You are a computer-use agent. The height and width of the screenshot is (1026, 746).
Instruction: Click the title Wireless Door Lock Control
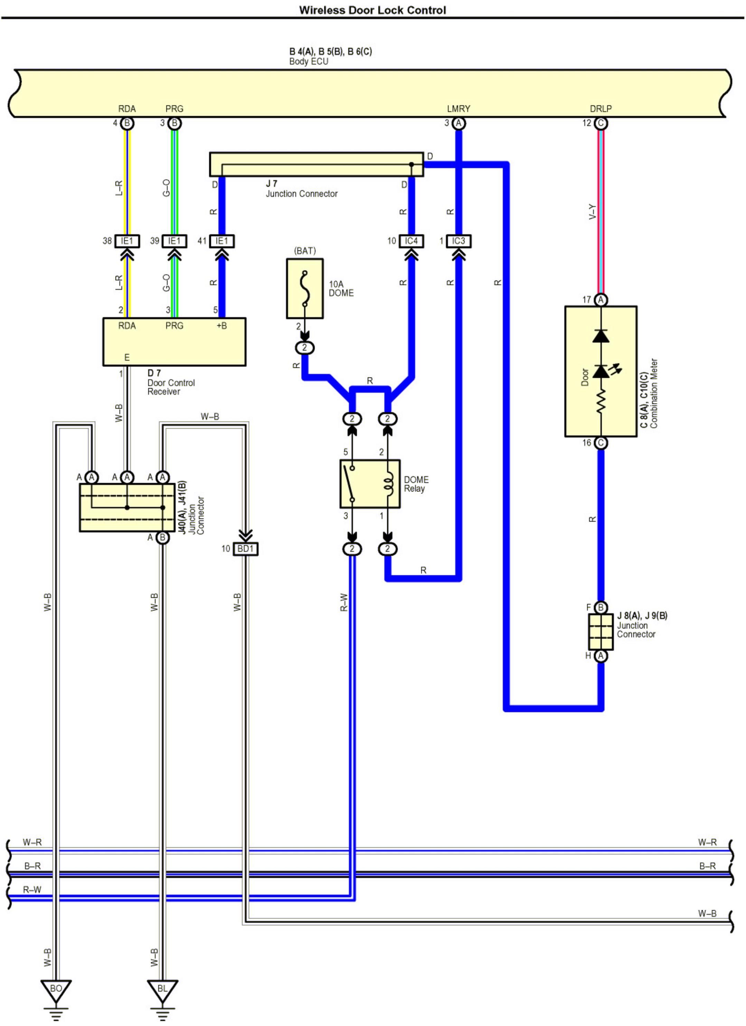click(x=372, y=10)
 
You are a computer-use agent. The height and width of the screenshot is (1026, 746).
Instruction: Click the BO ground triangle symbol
click(x=56, y=988)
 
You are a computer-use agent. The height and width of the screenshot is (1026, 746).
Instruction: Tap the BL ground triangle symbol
click(x=162, y=988)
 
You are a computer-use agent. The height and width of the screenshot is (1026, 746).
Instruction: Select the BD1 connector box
click(x=245, y=549)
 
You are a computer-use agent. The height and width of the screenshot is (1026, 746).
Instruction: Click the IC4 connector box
click(x=411, y=241)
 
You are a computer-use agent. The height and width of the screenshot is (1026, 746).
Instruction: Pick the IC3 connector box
click(x=458, y=241)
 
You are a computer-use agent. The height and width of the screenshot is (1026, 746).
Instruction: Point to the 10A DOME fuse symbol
click(x=305, y=289)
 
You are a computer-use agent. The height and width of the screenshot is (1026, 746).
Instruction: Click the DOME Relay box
click(x=370, y=484)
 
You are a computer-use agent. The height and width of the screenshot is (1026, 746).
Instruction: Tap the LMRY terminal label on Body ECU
click(x=458, y=108)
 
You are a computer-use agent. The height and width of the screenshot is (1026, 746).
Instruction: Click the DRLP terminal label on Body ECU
click(x=600, y=108)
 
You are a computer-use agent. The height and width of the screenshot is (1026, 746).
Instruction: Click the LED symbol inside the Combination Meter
click(x=602, y=371)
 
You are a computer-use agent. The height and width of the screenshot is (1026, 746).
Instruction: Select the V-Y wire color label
click(x=592, y=212)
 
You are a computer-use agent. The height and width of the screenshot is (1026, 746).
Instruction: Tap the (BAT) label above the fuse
click(x=305, y=251)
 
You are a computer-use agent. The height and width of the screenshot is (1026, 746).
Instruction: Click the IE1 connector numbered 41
click(x=222, y=241)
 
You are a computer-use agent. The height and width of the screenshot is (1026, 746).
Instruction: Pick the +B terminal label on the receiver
click(x=221, y=326)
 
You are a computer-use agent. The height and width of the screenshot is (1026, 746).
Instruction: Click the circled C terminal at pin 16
click(x=601, y=443)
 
